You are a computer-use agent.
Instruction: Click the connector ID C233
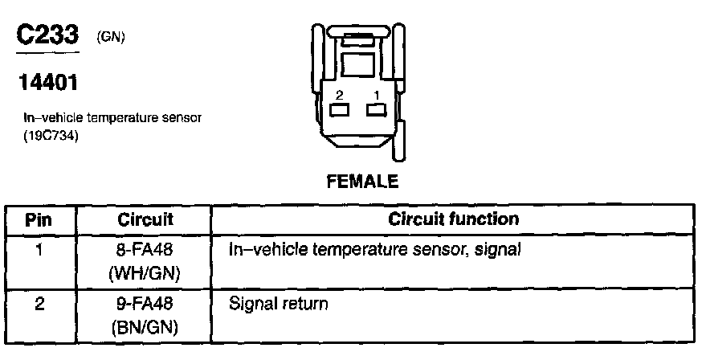48,36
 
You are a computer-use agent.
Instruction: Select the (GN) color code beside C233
110,36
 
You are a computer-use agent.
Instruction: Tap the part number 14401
46,83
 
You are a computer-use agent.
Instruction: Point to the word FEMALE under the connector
362,182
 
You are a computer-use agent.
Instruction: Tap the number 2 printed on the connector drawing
340,96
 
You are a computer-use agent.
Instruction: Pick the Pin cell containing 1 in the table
39,250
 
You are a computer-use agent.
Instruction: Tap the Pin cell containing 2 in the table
39,305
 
